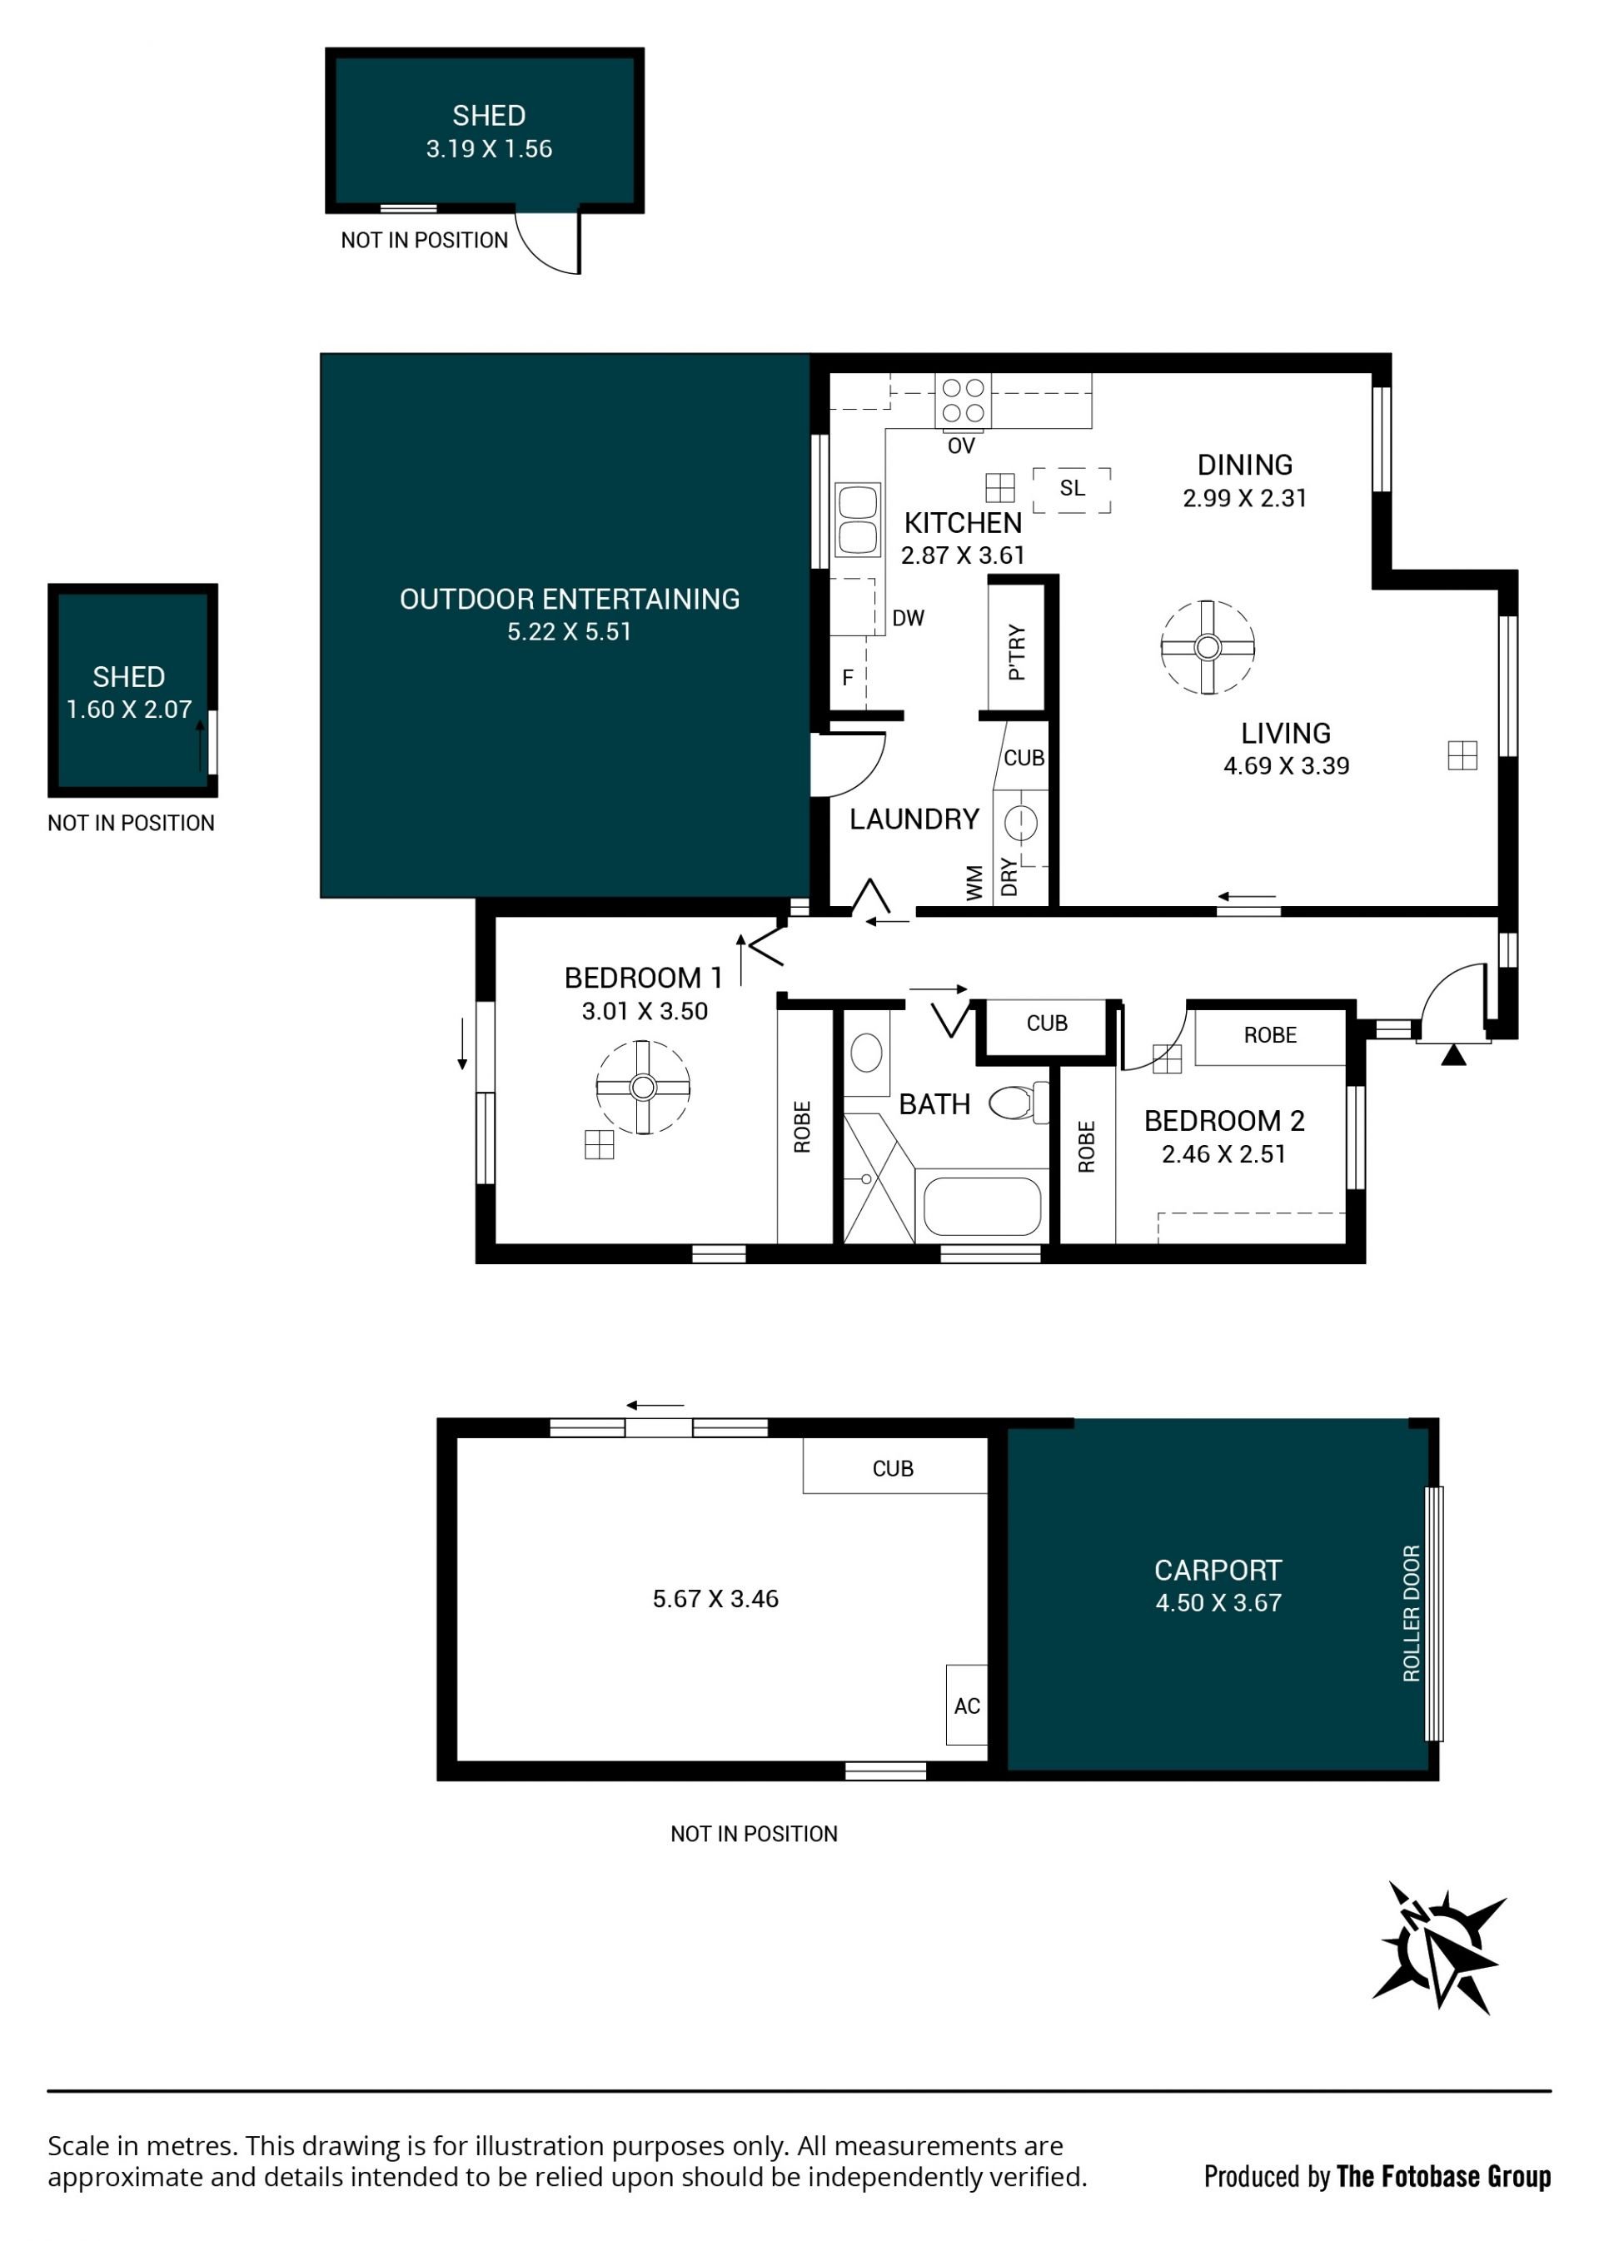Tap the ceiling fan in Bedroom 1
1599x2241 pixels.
pyautogui.click(x=643, y=1087)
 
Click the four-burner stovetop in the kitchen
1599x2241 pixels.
pyautogui.click(x=963, y=401)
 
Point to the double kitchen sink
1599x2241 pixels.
pyautogui.click(x=857, y=520)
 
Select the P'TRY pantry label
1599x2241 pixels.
pyautogui.click(x=1017, y=652)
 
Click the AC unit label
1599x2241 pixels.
pyautogui.click(x=967, y=1706)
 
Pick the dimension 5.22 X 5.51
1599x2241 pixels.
pyautogui.click(x=569, y=632)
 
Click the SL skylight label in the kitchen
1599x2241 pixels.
pyautogui.click(x=1072, y=487)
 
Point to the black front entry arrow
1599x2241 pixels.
pyautogui.click(x=1453, y=1055)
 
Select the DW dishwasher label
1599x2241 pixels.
pyautogui.click(x=908, y=619)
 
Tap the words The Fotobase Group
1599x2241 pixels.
pyautogui.click(x=1443, y=2177)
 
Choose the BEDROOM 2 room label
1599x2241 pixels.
pyautogui.click(x=1224, y=1121)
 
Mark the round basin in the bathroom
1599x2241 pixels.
pyautogui.click(x=866, y=1052)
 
